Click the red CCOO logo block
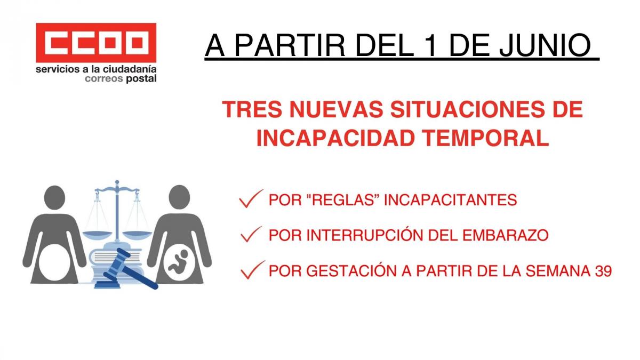[96, 43]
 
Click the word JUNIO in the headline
[545, 45]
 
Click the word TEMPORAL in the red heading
[486, 138]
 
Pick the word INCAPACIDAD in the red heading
[335, 138]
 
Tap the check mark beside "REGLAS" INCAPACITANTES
[251, 198]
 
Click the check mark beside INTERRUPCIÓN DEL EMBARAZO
[251, 234]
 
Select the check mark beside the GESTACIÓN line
[253, 270]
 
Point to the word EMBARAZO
[506, 235]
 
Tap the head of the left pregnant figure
[54, 197]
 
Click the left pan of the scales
[97, 235]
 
